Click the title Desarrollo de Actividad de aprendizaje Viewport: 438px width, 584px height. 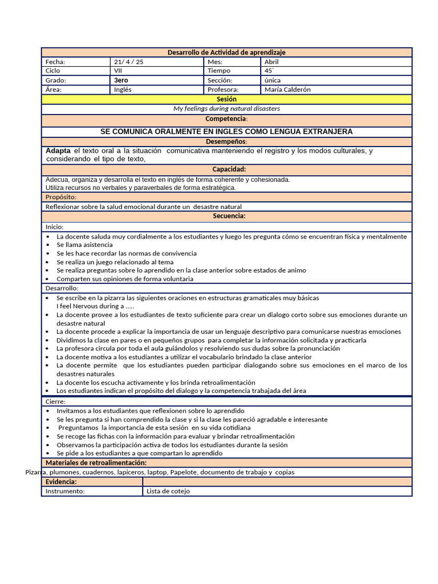(x=226, y=52)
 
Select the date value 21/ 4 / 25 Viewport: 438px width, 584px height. (x=129, y=62)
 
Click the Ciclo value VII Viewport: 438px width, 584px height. (x=118, y=71)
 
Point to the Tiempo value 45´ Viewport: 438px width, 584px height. (x=269, y=71)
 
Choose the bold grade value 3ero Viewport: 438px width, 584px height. (x=121, y=80)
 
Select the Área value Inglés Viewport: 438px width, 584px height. (x=123, y=90)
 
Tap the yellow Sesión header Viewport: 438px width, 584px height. (x=226, y=99)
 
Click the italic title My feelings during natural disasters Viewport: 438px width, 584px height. (x=226, y=108)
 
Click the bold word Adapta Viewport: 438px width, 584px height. (x=58, y=151)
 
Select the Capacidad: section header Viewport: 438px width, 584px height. (x=229, y=169)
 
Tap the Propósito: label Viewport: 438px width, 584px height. (x=61, y=197)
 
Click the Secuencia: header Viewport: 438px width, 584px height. (x=229, y=216)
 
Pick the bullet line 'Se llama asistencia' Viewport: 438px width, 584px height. (x=84, y=245)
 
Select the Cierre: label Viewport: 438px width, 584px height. (x=55, y=402)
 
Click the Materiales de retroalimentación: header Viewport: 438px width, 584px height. (x=96, y=463)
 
